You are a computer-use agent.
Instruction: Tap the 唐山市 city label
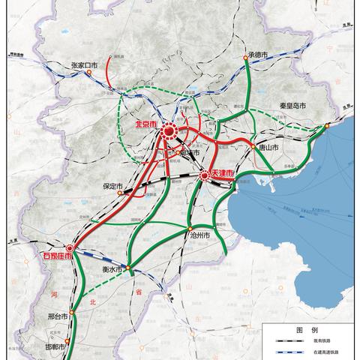[x=265, y=149]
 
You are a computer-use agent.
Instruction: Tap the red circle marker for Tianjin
[x=205, y=176]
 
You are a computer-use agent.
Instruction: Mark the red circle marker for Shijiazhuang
[x=70, y=247]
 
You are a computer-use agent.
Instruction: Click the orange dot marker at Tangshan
[x=253, y=146]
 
